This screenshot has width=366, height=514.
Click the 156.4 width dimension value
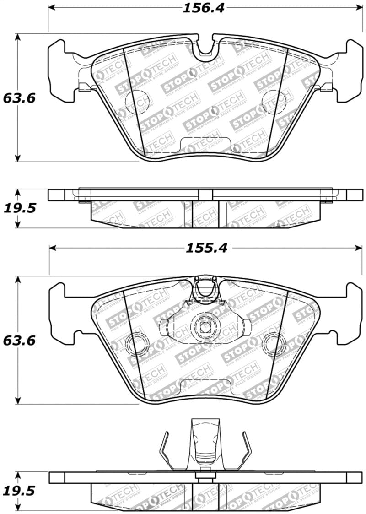[x=204, y=8]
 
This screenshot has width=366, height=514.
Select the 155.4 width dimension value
[x=206, y=248]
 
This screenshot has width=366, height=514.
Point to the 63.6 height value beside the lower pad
[x=19, y=341]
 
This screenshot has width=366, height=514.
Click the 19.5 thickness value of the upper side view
[x=19, y=208]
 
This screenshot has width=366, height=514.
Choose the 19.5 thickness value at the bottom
[x=19, y=492]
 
